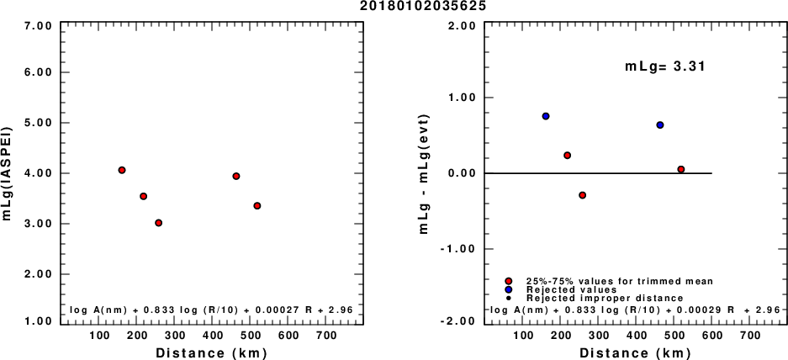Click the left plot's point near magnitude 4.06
[122, 170]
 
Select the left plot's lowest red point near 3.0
[158, 223]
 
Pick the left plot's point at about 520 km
[257, 206]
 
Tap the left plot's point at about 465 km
[236, 176]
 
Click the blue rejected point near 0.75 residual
[546, 116]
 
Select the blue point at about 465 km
[660, 124]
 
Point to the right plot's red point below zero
[582, 195]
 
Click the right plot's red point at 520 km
[681, 169]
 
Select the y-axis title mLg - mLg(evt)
[436, 173]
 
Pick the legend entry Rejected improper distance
[604, 298]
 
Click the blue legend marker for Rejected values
[509, 289]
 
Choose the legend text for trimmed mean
[619, 281]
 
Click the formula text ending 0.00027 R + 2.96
[211, 310]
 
